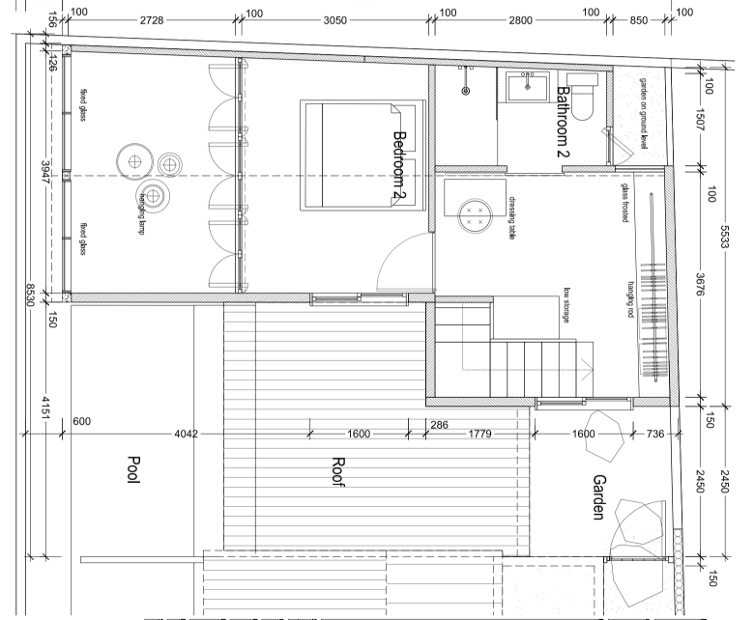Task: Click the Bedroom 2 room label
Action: (397, 165)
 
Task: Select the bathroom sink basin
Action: (528, 88)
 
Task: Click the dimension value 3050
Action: (335, 19)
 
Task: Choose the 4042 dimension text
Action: (187, 435)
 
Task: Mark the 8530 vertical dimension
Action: (31, 294)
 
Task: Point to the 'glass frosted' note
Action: (624, 200)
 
